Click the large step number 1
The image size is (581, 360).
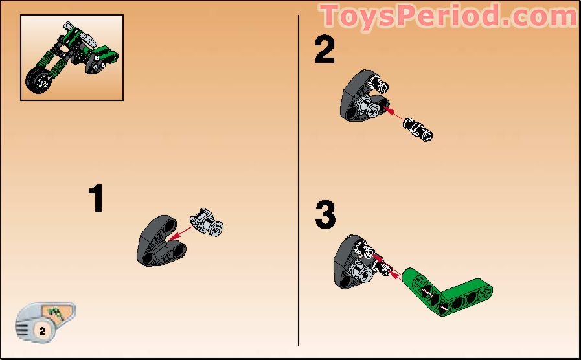pyautogui.click(x=97, y=199)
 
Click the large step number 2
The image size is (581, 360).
pyautogui.click(x=325, y=50)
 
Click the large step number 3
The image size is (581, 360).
pyautogui.click(x=325, y=215)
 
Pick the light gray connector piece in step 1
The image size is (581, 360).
pyautogui.click(x=209, y=223)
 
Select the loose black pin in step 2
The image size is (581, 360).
pyautogui.click(x=418, y=128)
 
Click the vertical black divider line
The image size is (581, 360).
pyautogui.click(x=299, y=181)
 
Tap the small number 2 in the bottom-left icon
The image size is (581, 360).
pyautogui.click(x=43, y=330)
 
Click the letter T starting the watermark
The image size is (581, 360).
pyautogui.click(x=332, y=16)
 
